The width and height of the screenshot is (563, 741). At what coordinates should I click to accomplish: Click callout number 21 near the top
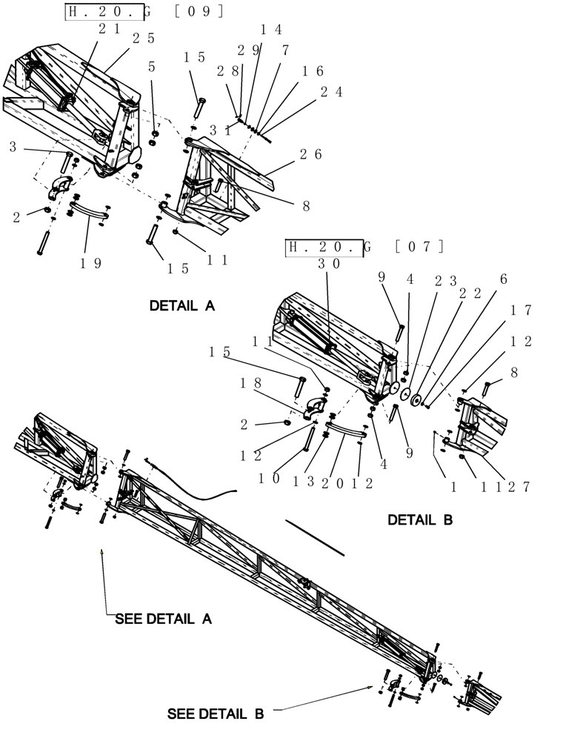tap(109, 27)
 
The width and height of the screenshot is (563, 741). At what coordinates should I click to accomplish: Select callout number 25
tap(143, 38)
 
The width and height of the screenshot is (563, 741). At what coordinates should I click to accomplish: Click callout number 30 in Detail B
tap(328, 262)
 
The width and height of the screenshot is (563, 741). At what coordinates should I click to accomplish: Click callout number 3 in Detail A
tap(13, 147)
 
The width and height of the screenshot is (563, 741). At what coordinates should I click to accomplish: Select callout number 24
tap(332, 92)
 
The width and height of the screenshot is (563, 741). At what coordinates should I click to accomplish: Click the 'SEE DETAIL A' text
tap(163, 619)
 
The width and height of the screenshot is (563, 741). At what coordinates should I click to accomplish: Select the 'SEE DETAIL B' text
tap(215, 714)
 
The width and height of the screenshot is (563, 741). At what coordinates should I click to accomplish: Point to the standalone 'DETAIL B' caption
tap(419, 520)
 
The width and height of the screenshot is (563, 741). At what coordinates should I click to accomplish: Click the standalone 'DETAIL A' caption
tap(181, 305)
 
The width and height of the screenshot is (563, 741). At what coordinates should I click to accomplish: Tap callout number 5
tap(152, 67)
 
